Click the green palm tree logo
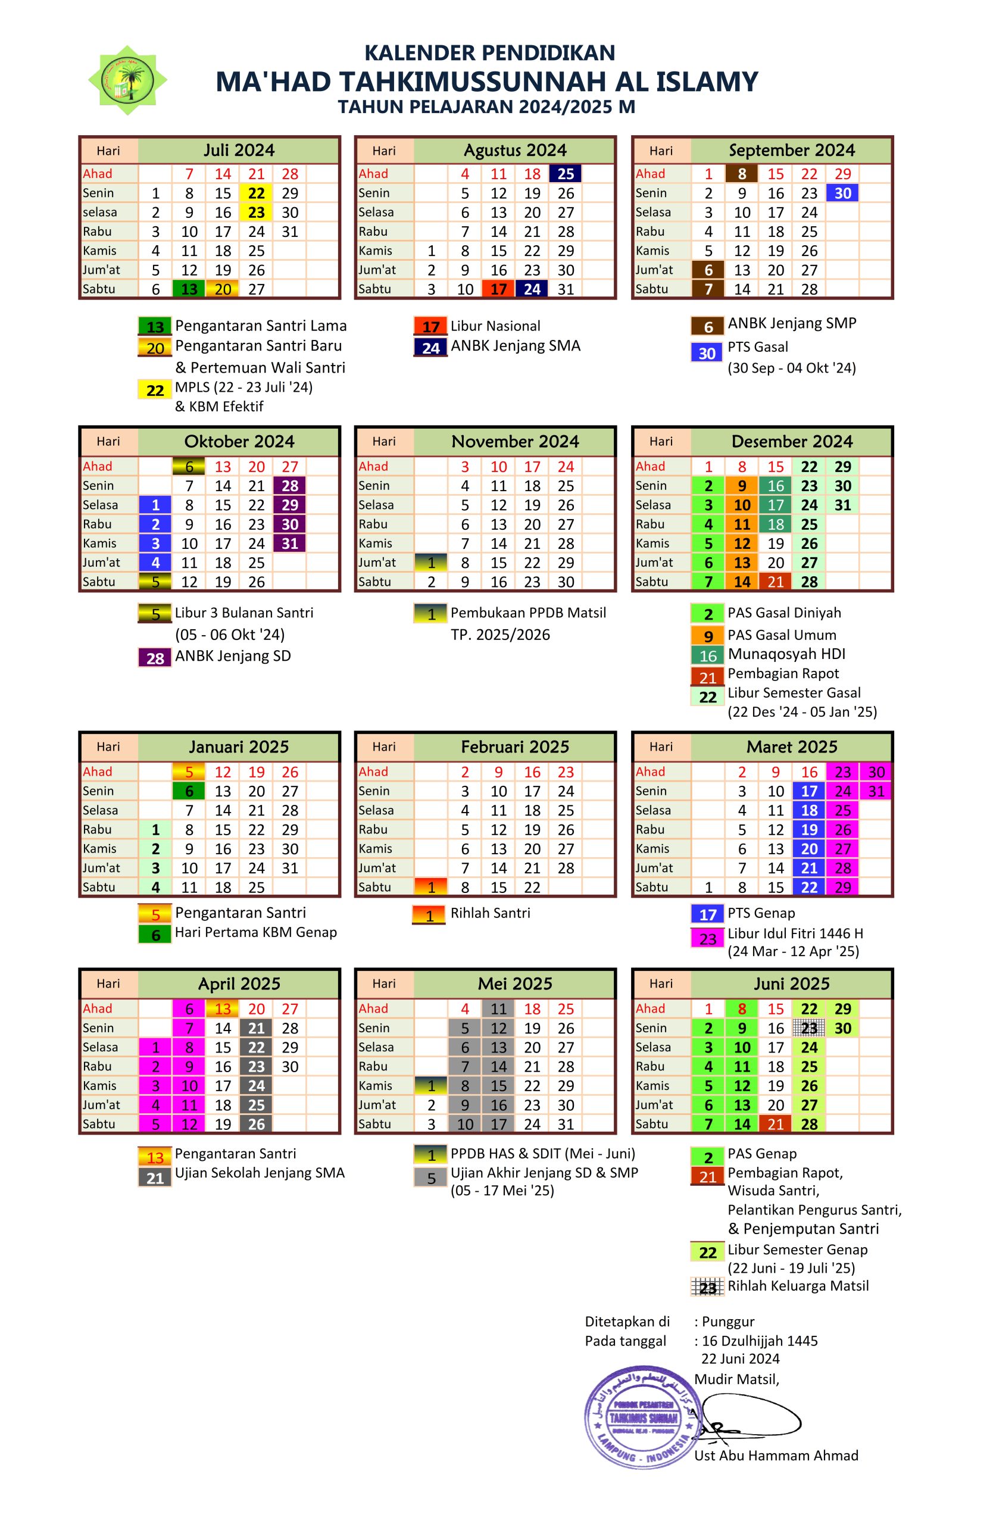[x=127, y=80]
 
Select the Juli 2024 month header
[x=239, y=151]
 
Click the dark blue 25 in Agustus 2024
[x=566, y=173]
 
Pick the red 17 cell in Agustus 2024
[x=498, y=289]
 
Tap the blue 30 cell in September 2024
[x=842, y=193]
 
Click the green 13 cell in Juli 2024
[x=189, y=289]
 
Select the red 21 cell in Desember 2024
[x=775, y=582]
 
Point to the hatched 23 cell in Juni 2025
[x=809, y=1028]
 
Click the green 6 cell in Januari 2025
[x=189, y=791]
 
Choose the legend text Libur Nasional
[x=495, y=326]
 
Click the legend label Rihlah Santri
[x=491, y=913]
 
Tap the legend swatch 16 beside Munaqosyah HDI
[x=707, y=655]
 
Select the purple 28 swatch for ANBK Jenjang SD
[x=155, y=658]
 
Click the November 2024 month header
[x=515, y=441]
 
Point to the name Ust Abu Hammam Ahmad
[x=776, y=1468]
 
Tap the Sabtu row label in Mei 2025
[x=374, y=1124]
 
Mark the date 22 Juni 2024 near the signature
[x=740, y=1358]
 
